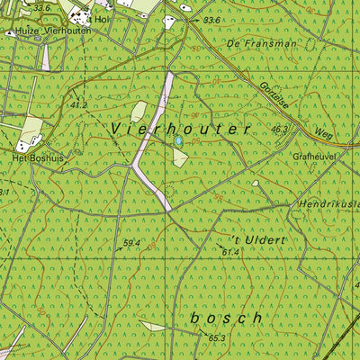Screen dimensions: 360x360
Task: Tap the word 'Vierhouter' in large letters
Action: coord(193,130)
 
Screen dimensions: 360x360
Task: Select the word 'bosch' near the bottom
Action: coord(227,318)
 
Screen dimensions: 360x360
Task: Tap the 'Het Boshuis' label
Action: coord(31,157)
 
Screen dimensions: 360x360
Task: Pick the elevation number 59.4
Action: coord(132,243)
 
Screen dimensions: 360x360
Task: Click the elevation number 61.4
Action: coord(230,252)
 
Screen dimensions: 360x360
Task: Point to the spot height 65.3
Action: coord(217,338)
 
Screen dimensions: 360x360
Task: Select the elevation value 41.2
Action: coord(78,105)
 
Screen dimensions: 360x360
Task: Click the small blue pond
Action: coord(178,141)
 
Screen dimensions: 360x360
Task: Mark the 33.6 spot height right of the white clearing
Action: coord(211,20)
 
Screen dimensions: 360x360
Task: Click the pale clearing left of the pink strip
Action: coord(138,112)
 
